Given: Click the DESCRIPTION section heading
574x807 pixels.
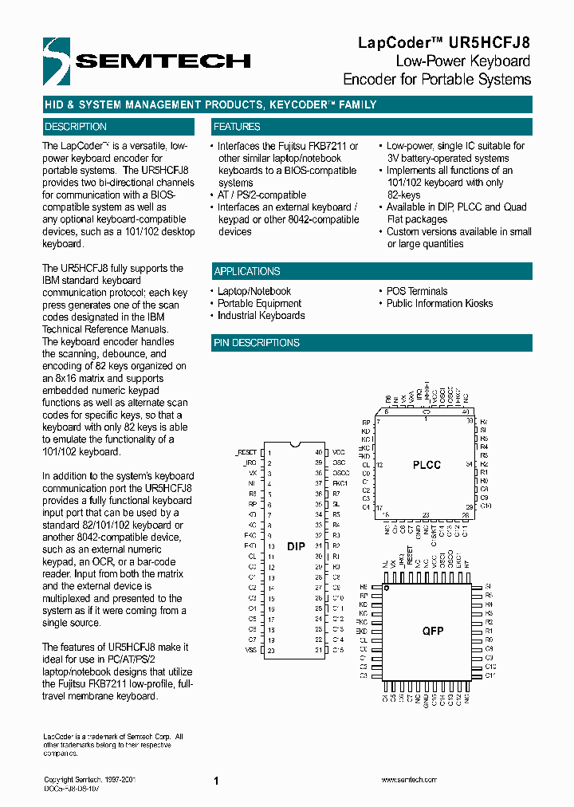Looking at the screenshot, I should (x=76, y=127).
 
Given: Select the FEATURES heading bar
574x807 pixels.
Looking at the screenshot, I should (x=237, y=127).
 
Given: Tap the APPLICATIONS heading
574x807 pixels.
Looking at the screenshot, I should (x=247, y=271).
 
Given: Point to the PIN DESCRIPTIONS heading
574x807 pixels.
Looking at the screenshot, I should (x=257, y=343).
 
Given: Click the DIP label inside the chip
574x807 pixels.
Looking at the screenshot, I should (x=295, y=546).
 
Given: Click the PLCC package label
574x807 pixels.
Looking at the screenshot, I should (x=427, y=465).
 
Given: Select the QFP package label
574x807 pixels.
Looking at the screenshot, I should (x=433, y=631).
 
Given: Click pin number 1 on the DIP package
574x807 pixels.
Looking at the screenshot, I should (x=270, y=451).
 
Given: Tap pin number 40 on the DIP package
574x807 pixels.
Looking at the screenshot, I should (x=318, y=451).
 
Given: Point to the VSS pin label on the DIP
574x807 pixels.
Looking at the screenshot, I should (x=251, y=651).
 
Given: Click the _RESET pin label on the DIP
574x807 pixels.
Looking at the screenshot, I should (x=246, y=451).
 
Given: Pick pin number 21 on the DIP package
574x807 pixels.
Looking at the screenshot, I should (x=318, y=651).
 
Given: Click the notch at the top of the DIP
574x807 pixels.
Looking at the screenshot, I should (x=294, y=444).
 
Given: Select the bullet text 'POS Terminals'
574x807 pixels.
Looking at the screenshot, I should (x=417, y=291).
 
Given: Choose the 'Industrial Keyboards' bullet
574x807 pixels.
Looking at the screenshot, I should (x=261, y=315).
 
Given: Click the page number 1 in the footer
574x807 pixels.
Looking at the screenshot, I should (x=216, y=781).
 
